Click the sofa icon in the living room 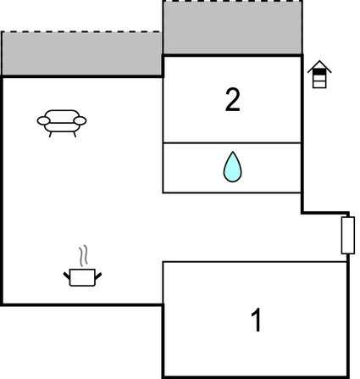tap(62, 123)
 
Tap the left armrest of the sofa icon tap(43, 120)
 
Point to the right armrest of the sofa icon tap(80, 120)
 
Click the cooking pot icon tap(82, 277)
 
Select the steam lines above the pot tap(84, 256)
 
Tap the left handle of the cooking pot tap(67, 276)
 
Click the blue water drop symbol tap(233, 167)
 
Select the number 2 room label tap(233, 99)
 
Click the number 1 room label tap(257, 320)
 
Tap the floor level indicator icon tap(319, 75)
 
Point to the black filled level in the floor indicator tap(319, 72)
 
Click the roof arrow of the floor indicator tap(319, 66)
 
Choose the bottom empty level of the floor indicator tap(319, 85)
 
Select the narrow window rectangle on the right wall tap(348, 235)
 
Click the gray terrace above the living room tap(81, 53)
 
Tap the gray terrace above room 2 tap(233, 27)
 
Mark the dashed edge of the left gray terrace tap(80, 31)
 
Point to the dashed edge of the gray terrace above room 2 tap(233, 1)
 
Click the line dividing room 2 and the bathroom tap(232, 143)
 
